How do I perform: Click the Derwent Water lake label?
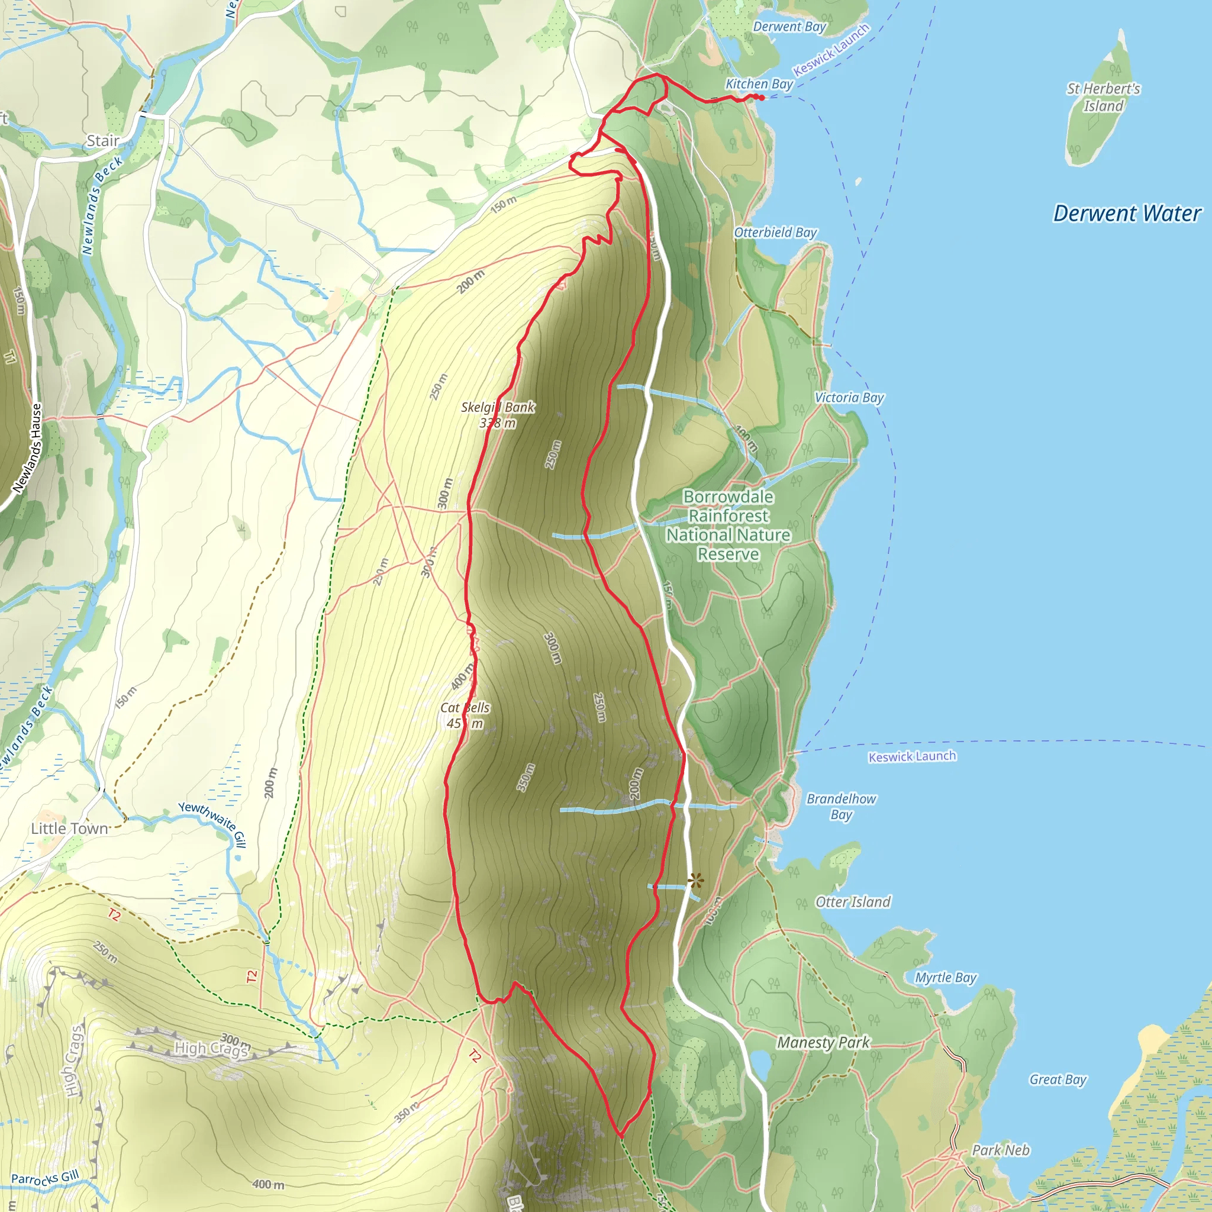(x=1127, y=213)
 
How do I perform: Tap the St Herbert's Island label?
(x=1104, y=97)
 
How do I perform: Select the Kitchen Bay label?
(x=759, y=84)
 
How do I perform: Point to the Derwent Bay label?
(x=789, y=27)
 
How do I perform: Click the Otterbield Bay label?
(x=775, y=232)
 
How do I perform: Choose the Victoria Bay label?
(x=849, y=397)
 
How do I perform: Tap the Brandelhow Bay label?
(x=842, y=806)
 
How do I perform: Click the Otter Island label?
(x=853, y=901)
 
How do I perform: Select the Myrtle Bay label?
(x=945, y=978)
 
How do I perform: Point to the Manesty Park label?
(x=823, y=1042)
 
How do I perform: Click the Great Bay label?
(x=1058, y=1079)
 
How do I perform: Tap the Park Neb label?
(x=1001, y=1150)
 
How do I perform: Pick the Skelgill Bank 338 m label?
(x=498, y=415)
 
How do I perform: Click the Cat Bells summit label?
(x=465, y=715)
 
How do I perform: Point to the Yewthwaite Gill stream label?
(x=212, y=824)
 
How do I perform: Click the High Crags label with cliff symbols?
(x=211, y=1047)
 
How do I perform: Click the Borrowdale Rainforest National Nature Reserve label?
(x=728, y=525)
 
